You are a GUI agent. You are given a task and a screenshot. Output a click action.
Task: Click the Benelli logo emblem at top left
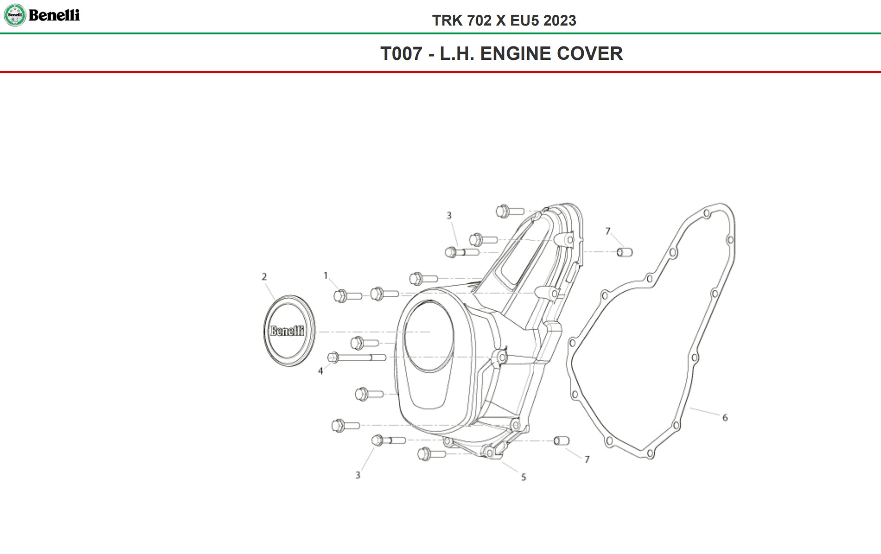pyautogui.click(x=15, y=15)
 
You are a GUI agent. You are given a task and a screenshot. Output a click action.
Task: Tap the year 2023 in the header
pyautogui.click(x=560, y=20)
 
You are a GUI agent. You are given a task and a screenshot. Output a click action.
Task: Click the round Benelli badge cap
pyautogui.click(x=289, y=331)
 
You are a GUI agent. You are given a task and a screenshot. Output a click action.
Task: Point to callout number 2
pyautogui.click(x=264, y=277)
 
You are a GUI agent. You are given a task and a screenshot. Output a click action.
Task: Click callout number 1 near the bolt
pyautogui.click(x=326, y=275)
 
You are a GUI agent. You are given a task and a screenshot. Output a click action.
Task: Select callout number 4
pyautogui.click(x=320, y=371)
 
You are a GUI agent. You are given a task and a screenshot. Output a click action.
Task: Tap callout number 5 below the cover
pyautogui.click(x=523, y=477)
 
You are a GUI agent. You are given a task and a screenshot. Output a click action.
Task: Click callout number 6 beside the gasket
pyautogui.click(x=725, y=418)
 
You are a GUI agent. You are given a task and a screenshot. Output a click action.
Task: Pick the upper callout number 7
pyautogui.click(x=608, y=231)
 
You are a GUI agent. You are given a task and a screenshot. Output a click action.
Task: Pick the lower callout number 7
pyautogui.click(x=587, y=460)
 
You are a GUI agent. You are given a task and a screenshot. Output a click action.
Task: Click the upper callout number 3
pyautogui.click(x=449, y=215)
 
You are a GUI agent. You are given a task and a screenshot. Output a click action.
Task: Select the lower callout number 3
pyautogui.click(x=358, y=475)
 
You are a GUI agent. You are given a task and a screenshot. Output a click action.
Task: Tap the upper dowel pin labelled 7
pyautogui.click(x=625, y=252)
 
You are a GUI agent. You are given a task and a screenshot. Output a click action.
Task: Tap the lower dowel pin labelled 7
pyautogui.click(x=561, y=441)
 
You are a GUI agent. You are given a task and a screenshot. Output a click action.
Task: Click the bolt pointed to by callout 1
pyautogui.click(x=347, y=296)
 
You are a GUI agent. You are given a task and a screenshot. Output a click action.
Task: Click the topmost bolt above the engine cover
pyautogui.click(x=509, y=211)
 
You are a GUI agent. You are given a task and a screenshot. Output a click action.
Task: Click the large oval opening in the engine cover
pyautogui.click(x=429, y=335)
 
